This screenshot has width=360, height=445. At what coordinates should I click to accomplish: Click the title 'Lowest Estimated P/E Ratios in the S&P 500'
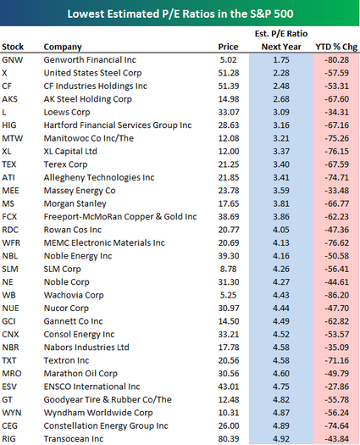[x=180, y=14]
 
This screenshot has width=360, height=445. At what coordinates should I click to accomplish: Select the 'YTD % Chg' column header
[x=336, y=47]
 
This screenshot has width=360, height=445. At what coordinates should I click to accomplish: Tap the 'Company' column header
[x=63, y=47]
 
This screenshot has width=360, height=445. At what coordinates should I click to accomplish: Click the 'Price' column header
[x=228, y=47]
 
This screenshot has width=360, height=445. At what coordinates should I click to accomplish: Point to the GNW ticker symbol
[x=13, y=60]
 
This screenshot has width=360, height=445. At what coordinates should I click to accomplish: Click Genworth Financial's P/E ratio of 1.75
[x=281, y=60]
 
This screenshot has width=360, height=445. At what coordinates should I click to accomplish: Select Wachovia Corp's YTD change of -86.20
[x=337, y=295]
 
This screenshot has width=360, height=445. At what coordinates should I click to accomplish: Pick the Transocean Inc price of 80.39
[x=229, y=439]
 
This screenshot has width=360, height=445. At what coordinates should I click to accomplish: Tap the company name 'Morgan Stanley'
[x=75, y=203]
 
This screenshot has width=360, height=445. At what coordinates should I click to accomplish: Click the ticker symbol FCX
[x=9, y=217]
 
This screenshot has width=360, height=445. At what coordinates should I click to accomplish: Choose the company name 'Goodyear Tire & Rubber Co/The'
[x=108, y=399]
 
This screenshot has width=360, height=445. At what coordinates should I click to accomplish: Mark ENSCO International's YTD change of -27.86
[x=337, y=387]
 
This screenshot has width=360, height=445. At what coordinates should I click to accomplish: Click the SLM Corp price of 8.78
[x=229, y=269]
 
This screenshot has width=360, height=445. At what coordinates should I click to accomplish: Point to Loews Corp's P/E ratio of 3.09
[x=281, y=112]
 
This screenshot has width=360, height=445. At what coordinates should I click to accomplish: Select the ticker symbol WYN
[x=12, y=413]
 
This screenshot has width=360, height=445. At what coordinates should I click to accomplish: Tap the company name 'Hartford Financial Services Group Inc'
[x=118, y=125]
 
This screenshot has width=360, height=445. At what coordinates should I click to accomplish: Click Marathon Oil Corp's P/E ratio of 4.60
[x=281, y=374]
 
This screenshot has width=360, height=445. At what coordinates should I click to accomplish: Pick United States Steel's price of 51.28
[x=229, y=73]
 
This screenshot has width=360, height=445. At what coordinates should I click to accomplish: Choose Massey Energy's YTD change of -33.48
[x=337, y=191]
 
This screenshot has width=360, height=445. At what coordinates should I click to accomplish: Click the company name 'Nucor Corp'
[x=66, y=309]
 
